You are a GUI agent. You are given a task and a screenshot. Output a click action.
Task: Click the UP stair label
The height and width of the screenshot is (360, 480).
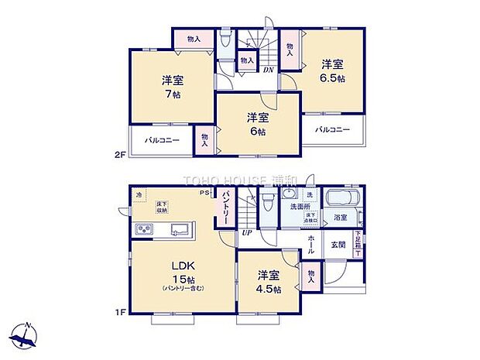click(247, 232)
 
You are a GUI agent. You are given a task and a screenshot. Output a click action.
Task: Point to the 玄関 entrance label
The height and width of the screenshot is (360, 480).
click(339, 245)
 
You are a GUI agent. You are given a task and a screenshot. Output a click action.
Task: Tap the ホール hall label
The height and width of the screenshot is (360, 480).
click(310, 245)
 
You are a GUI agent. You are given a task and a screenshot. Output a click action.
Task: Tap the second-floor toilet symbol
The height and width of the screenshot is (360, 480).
click(225, 38)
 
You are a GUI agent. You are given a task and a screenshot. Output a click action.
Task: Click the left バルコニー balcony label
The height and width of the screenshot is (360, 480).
click(162, 141)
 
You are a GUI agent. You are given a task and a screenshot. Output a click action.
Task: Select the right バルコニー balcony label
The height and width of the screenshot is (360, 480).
click(332, 129)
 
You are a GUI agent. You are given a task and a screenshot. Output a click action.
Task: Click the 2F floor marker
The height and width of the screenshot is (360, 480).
click(120, 155)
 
